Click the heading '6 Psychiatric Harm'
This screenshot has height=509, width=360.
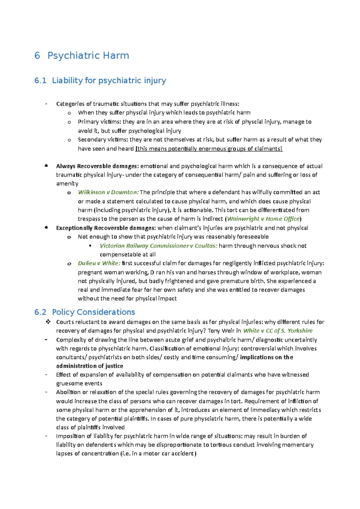tap(82, 56)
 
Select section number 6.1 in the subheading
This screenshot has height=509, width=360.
tap(40, 81)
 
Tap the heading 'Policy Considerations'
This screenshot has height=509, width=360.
tap(93, 312)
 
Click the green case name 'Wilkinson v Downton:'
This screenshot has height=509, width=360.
tap(108, 192)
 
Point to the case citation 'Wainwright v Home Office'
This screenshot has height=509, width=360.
tap(263, 219)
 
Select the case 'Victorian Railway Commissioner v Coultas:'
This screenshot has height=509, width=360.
tap(158, 246)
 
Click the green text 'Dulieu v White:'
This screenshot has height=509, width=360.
tap(99, 263)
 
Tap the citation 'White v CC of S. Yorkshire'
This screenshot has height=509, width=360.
tap(278, 331)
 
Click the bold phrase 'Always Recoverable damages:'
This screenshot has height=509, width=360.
tap(97, 166)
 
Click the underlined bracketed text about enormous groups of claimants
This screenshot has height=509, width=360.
tap(209, 149)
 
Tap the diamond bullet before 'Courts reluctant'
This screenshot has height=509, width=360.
tap(48, 322)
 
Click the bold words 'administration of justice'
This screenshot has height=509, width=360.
tap(89, 366)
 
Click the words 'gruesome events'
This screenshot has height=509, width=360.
tap(79, 383)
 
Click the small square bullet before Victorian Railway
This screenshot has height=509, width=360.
tap(90, 246)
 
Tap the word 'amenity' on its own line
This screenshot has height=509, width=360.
tap(67, 183)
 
